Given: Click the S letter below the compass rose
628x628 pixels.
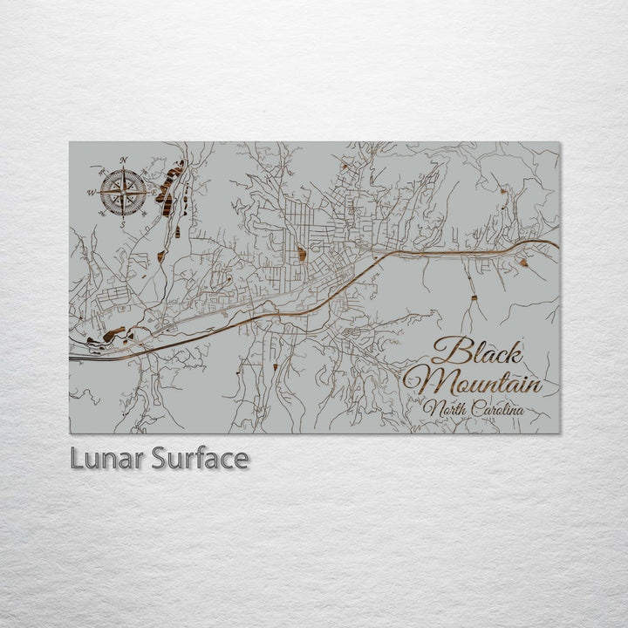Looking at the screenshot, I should pyautogui.click(x=123, y=225).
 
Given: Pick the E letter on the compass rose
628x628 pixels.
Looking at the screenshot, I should pyautogui.click(x=155, y=193).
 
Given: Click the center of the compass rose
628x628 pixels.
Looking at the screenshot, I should pyautogui.click(x=123, y=193).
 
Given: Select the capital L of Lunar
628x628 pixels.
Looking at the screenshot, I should pyautogui.click(x=77, y=458).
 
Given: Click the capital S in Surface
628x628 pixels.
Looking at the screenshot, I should pyautogui.click(x=159, y=458).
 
